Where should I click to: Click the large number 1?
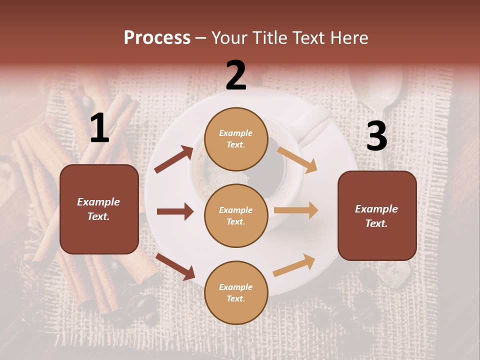(99, 128)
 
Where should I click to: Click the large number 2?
(236, 75)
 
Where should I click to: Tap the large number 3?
(376, 136)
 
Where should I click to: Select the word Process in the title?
(157, 37)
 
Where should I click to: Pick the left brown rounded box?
(99, 209)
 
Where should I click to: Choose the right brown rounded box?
(377, 215)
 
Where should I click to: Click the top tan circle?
(236, 139)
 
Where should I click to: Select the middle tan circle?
(236, 215)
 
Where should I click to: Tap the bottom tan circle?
(236, 292)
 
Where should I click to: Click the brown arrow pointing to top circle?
(174, 159)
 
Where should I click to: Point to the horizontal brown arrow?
(175, 211)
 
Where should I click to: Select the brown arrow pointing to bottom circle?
(175, 266)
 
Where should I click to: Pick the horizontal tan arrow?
(296, 210)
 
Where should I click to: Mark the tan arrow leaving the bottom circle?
(294, 265)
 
